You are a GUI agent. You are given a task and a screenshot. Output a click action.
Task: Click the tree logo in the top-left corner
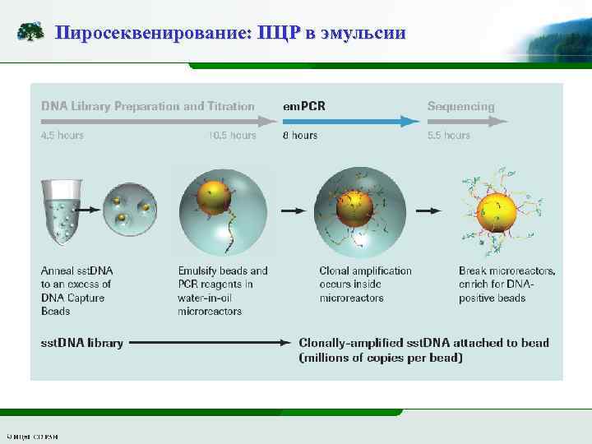point(30,32)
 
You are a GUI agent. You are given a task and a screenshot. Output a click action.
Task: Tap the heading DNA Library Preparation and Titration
point(148,106)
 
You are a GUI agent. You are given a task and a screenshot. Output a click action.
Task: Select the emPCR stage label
point(304,106)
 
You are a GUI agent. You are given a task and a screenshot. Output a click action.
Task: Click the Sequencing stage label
point(460,106)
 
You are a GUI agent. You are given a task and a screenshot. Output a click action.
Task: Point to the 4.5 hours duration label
point(62,136)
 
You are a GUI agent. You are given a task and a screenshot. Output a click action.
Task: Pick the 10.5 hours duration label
point(233,136)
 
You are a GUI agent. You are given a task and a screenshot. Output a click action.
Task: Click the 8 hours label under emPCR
point(300,136)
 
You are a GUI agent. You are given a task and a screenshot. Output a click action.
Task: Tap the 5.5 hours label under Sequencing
point(449,136)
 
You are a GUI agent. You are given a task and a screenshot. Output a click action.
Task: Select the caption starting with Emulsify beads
point(223,290)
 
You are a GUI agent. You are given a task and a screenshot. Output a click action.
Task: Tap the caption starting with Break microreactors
point(506,284)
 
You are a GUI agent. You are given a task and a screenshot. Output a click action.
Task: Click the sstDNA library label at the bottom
point(82,343)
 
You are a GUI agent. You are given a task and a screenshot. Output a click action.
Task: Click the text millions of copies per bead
point(382,358)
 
